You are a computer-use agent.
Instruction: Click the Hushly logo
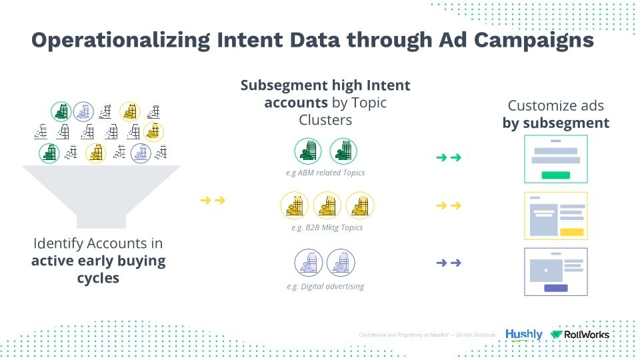523,334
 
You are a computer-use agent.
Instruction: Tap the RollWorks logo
580,334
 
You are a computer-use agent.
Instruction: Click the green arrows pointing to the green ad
448,158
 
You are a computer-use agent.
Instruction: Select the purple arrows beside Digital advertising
448,263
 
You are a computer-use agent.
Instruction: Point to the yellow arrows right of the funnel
212,199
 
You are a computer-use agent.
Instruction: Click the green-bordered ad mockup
556,159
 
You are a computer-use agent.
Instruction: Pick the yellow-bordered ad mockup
556,215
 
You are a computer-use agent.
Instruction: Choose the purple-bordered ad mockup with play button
556,272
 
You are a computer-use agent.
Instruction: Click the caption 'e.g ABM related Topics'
325,173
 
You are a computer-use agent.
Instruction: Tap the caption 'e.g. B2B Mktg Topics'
327,228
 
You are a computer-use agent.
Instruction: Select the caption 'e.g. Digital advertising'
326,286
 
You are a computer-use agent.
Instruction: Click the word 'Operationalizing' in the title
121,40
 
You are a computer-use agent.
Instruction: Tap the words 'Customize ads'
555,105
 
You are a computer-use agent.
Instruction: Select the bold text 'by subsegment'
555,123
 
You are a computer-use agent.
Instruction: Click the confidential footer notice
427,334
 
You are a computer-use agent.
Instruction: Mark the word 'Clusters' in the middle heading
325,120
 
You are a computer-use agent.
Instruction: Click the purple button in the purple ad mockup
556,288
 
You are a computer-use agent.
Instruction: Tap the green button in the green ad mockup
555,175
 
